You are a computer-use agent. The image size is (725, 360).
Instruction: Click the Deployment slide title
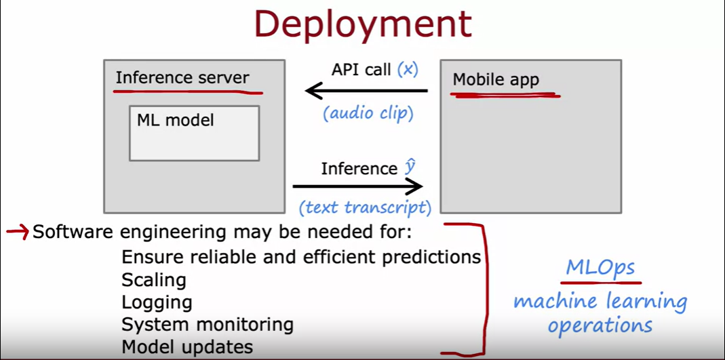[362, 25]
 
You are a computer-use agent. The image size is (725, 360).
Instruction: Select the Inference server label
[182, 78]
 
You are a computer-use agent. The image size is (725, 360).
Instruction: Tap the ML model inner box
[194, 133]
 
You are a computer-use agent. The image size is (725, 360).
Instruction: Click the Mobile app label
[496, 80]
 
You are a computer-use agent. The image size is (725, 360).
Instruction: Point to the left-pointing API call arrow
[366, 91]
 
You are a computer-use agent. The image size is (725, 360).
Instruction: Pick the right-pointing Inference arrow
[357, 186]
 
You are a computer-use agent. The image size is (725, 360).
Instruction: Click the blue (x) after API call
[408, 69]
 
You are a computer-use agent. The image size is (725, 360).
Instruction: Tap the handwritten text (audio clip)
[368, 113]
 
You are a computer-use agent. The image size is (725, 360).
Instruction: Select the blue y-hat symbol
[410, 167]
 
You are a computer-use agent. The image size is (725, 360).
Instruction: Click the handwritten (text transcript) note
[365, 207]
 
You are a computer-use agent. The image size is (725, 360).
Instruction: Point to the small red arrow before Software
[17, 233]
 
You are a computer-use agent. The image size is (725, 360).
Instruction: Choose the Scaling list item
[153, 279]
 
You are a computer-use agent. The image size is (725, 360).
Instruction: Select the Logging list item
[157, 302]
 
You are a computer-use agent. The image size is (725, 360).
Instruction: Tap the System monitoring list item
[208, 325]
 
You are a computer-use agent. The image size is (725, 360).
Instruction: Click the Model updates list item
[187, 347]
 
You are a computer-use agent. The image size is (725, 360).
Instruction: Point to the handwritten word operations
[600, 325]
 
